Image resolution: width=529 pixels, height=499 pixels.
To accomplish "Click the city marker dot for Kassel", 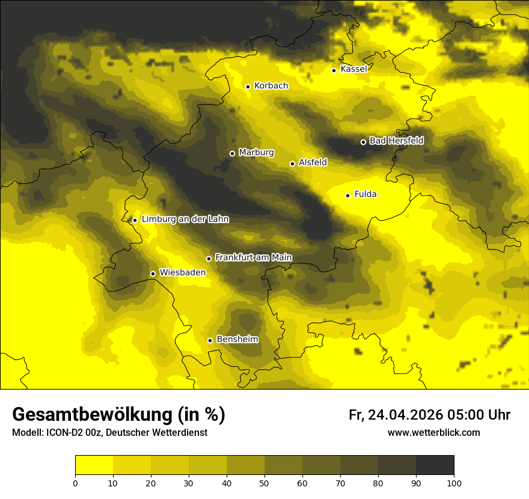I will pyautogui.click(x=334, y=70).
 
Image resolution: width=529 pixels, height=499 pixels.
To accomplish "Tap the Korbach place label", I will pyautogui.click(x=271, y=86).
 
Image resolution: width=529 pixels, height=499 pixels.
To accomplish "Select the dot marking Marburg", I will pyautogui.click(x=232, y=153).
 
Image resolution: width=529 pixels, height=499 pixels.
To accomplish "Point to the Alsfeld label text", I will pyautogui.click(x=313, y=162).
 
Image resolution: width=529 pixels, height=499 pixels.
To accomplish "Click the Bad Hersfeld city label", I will pyautogui.click(x=396, y=141).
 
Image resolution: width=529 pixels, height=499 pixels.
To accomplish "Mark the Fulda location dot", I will pyautogui.click(x=347, y=195).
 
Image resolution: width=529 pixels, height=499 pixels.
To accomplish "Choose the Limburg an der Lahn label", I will pyautogui.click(x=185, y=219).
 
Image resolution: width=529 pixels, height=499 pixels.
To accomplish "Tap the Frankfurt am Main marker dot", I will pyautogui.click(x=209, y=259).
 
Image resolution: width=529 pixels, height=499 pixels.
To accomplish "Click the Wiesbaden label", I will pyautogui.click(x=183, y=272).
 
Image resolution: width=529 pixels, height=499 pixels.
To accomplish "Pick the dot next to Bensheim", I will pyautogui.click(x=210, y=340).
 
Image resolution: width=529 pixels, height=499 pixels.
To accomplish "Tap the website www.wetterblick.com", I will pyautogui.click(x=434, y=433).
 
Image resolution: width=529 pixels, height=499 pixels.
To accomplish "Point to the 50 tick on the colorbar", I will pyautogui.click(x=264, y=483).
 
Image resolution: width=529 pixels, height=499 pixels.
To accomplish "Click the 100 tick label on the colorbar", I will pyautogui.click(x=454, y=483).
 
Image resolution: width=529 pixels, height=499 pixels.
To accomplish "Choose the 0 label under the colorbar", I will pyautogui.click(x=75, y=483).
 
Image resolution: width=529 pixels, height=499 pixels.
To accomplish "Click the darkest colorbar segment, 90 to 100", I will pyautogui.click(x=435, y=465).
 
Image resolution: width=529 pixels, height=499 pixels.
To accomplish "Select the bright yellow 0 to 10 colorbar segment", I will pyautogui.click(x=94, y=465).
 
